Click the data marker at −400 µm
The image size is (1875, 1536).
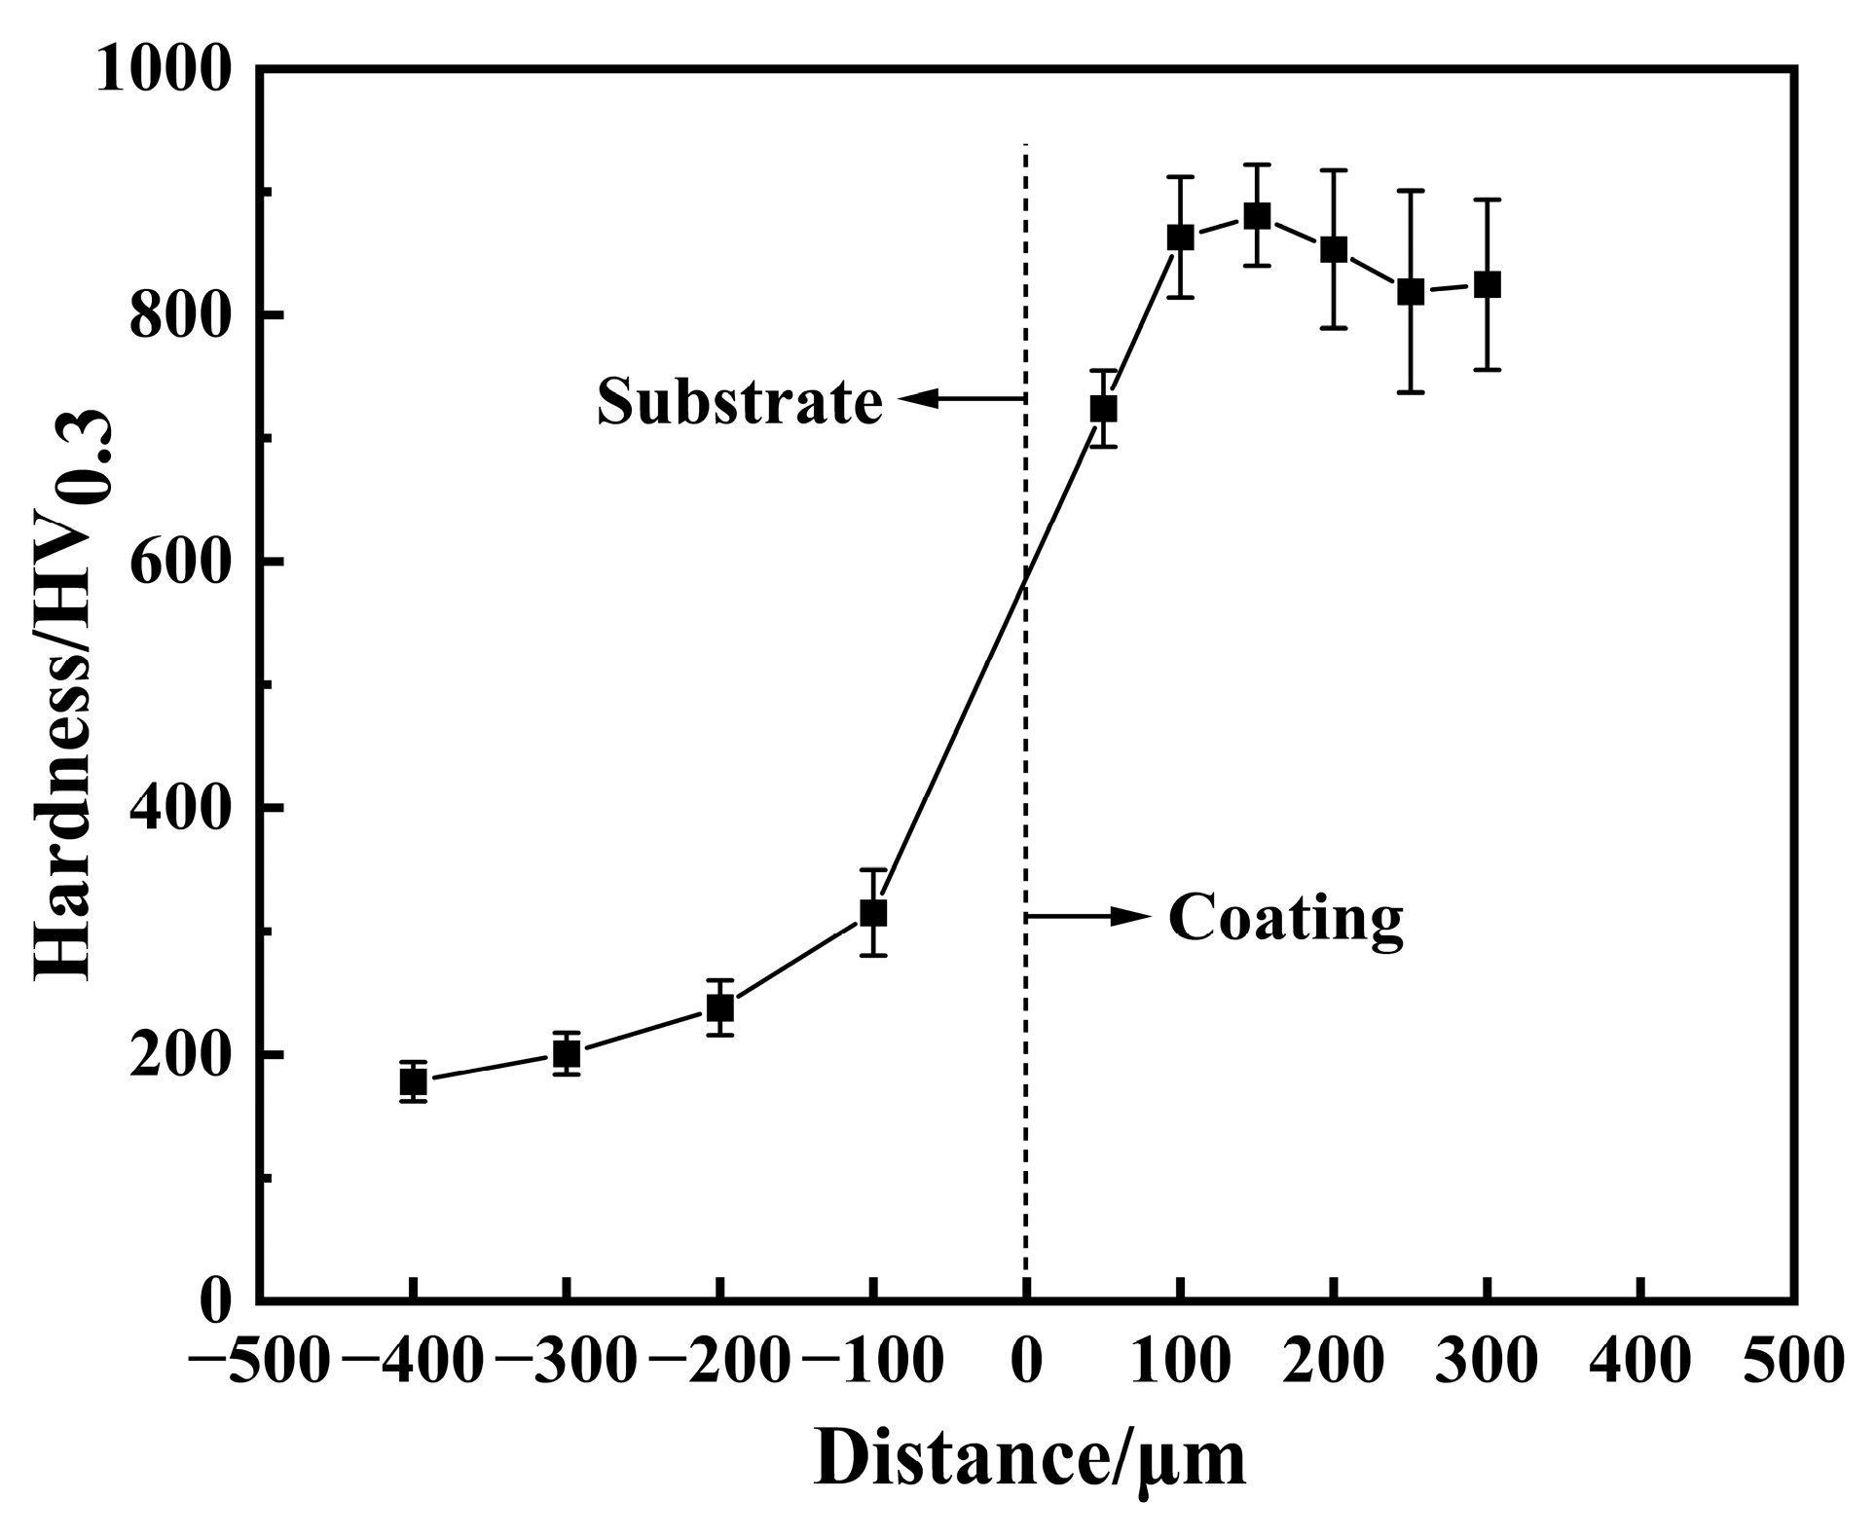pyautogui.click(x=413, y=1081)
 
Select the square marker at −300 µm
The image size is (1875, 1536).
pyautogui.click(x=567, y=1053)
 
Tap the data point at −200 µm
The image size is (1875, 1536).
pyautogui.click(x=719, y=1007)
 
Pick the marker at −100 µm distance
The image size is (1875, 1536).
pyautogui.click(x=873, y=913)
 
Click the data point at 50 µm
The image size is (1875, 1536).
pyautogui.click(x=1103, y=409)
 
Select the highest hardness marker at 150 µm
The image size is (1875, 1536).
pyautogui.click(x=1257, y=215)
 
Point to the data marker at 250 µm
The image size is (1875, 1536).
pyautogui.click(x=1411, y=291)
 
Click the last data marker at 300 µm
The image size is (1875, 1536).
pyautogui.click(x=1487, y=285)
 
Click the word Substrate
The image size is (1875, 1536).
pyautogui.click(x=740, y=400)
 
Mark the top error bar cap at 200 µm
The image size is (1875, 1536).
pyautogui.click(x=1334, y=170)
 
